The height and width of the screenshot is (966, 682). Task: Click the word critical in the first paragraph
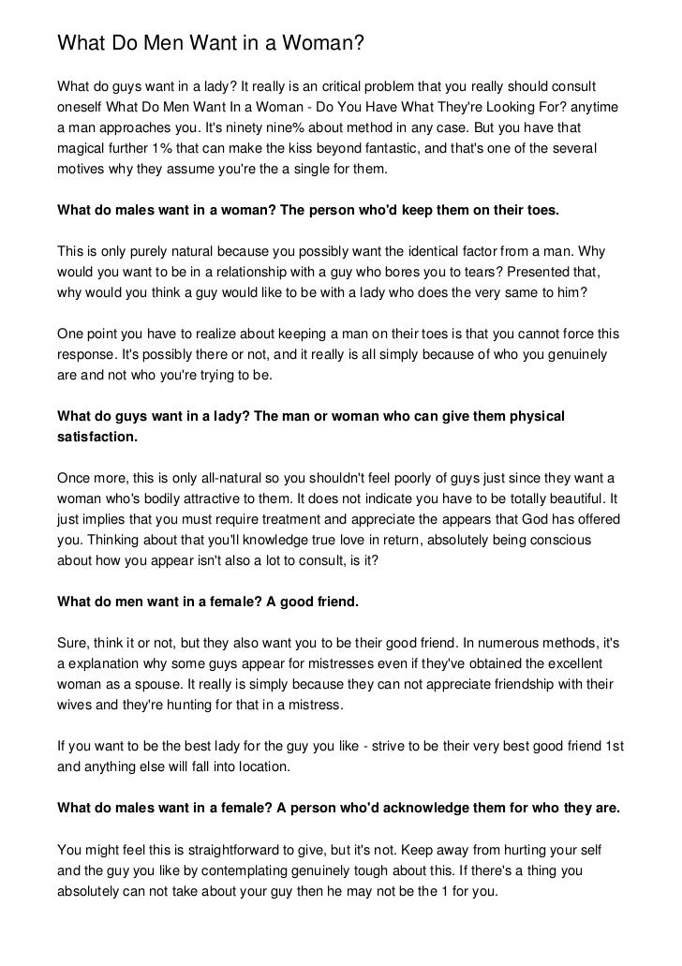tap(366, 86)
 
